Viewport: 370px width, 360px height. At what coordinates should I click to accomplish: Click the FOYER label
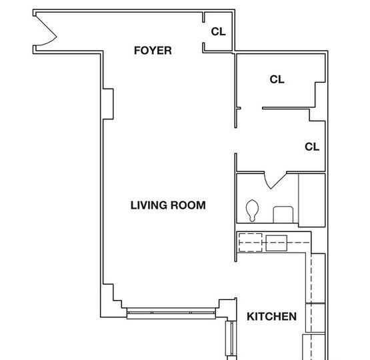[x=153, y=51]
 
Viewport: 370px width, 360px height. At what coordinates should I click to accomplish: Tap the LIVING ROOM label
[x=168, y=205]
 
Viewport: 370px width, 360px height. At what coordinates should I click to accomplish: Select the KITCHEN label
[x=271, y=317]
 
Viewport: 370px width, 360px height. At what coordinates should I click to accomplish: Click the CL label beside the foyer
[x=218, y=31]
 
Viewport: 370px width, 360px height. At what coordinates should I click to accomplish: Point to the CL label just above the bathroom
[x=312, y=147]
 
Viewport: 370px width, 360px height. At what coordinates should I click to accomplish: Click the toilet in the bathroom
[x=252, y=211]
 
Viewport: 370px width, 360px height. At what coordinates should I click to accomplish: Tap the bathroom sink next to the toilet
[x=283, y=215]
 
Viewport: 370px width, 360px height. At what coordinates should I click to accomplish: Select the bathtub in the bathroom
[x=312, y=200]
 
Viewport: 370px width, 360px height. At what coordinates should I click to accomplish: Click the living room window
[x=171, y=313]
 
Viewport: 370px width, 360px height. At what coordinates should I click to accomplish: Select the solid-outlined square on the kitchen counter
[x=277, y=243]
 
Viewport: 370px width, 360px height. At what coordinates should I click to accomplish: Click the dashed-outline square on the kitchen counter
[x=251, y=243]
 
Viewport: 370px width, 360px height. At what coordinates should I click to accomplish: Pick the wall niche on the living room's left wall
[x=108, y=104]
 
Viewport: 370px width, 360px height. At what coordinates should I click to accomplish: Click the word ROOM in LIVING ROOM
[x=188, y=205]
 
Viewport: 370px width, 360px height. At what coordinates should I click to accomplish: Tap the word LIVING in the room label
[x=149, y=205]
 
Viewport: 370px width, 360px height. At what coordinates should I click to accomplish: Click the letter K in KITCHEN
[x=251, y=317]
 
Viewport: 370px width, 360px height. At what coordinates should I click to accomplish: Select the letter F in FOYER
[x=137, y=51]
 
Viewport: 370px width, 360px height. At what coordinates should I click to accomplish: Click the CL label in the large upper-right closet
[x=277, y=79]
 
